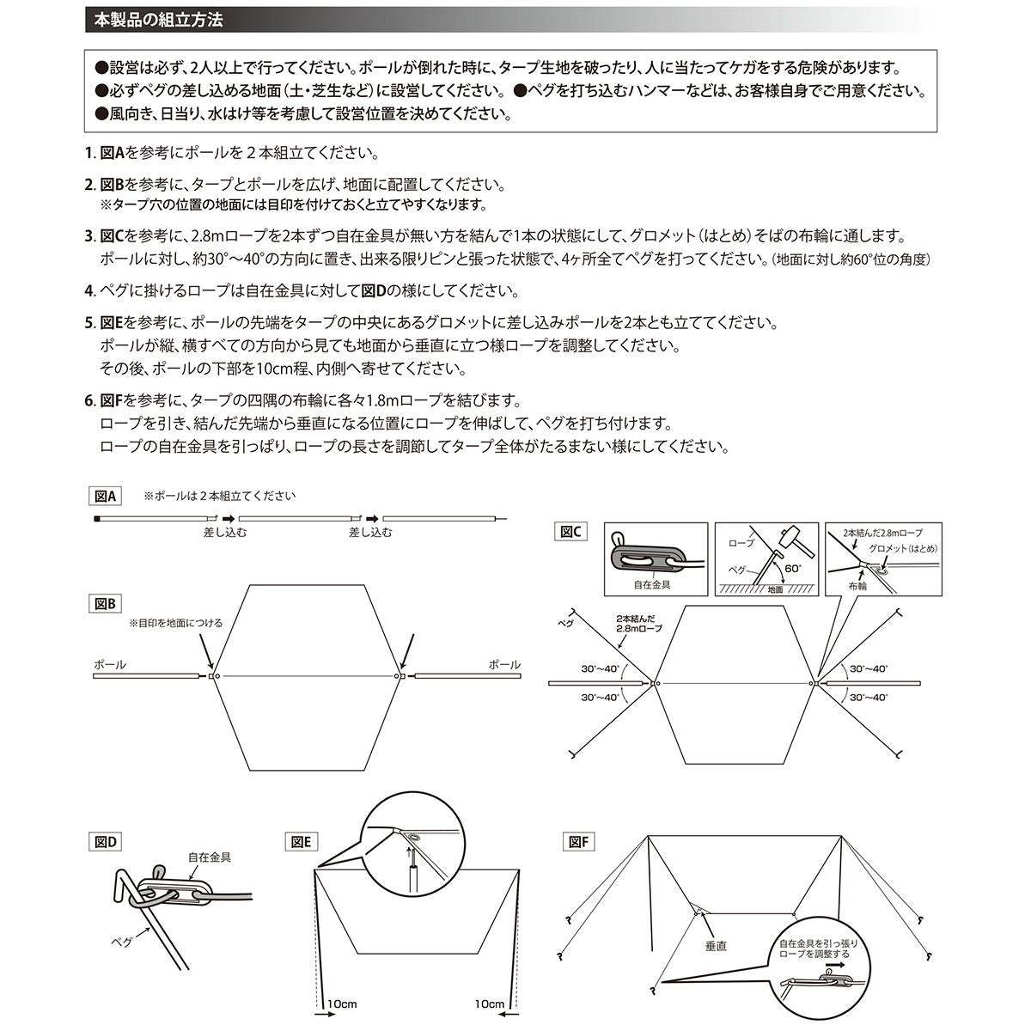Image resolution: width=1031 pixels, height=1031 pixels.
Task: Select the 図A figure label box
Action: pos(107,496)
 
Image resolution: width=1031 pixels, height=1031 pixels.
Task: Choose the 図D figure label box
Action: pos(107,841)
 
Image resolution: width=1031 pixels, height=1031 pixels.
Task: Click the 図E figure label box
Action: pos(302,841)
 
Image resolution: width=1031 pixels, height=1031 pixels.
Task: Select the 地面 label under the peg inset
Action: pos(775,590)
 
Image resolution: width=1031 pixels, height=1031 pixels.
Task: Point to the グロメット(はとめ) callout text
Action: pos(902,547)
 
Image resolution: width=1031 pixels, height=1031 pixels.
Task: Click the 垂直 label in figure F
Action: pos(716,945)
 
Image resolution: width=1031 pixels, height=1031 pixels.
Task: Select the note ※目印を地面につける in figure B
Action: pos(175,623)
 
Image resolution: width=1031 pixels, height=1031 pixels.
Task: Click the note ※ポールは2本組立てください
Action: pos(219,496)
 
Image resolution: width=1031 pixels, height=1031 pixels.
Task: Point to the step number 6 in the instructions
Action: pos(88,400)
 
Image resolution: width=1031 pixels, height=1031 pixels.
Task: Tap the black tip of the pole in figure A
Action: pos(96,519)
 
